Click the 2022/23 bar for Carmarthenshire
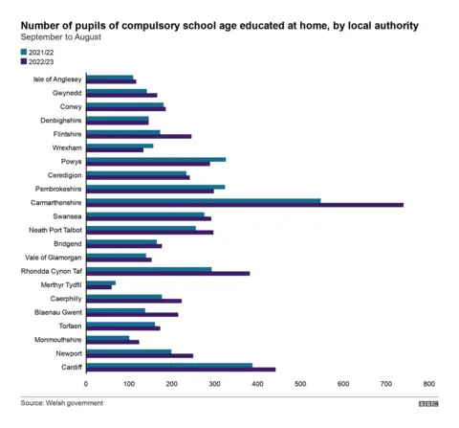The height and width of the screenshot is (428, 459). [x=244, y=205]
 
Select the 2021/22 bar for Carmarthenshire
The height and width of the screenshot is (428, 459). [x=203, y=200]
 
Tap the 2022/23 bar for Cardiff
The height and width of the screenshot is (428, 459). [x=181, y=370]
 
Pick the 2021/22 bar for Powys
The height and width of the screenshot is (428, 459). [x=156, y=159]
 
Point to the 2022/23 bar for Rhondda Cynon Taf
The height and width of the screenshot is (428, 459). [x=167, y=274]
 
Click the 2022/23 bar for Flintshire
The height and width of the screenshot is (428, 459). [x=139, y=136]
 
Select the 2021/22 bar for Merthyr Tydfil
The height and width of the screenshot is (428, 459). [x=100, y=282]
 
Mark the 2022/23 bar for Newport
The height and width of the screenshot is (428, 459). [x=140, y=356]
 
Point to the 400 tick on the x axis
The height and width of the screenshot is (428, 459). [x=257, y=384]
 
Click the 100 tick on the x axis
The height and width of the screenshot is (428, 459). [x=129, y=384]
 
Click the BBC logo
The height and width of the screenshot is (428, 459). [x=426, y=404]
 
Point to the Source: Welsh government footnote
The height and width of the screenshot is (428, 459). [x=61, y=403]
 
